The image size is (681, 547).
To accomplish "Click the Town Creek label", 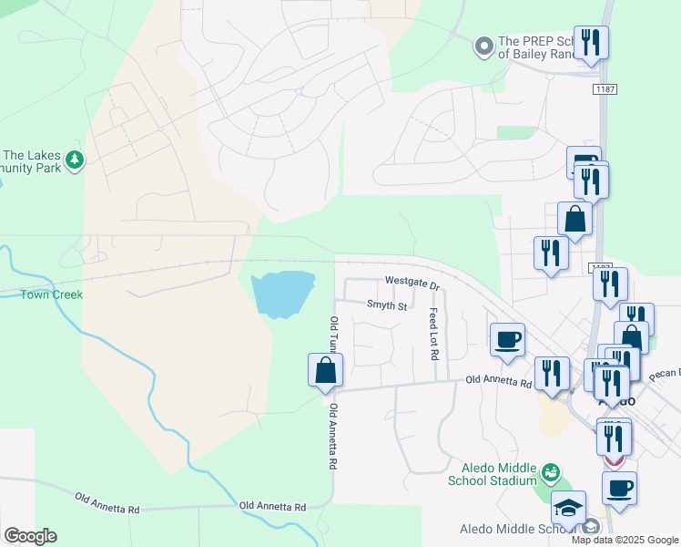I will click(53, 294).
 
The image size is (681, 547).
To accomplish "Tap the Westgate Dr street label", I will click(412, 283).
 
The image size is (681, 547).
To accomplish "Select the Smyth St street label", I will click(386, 305).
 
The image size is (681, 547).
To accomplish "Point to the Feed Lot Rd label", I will click(433, 333).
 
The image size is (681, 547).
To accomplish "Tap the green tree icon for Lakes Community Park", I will click(75, 160).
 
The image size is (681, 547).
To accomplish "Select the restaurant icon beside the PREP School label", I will click(591, 42).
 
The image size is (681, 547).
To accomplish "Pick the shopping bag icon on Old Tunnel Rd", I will click(325, 370).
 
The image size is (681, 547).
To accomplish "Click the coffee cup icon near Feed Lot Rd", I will click(507, 340).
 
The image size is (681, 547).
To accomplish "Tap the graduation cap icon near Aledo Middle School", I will click(569, 509).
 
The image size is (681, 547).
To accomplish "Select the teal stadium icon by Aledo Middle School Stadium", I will click(550, 472).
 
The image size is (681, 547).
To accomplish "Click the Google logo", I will click(30, 536).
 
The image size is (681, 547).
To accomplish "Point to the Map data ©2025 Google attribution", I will click(624, 540).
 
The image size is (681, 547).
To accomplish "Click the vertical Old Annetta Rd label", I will click(333, 437).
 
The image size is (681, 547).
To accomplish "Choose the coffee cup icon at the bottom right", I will click(619, 488).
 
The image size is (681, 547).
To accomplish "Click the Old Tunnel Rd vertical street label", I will click(334, 335).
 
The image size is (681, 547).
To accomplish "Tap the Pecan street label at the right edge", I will click(666, 375).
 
